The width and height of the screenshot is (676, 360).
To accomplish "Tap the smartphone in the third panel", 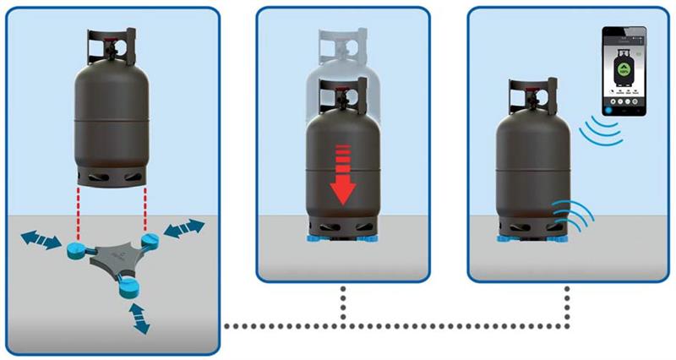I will [624, 71].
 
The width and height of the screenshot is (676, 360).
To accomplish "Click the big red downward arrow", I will [342, 177].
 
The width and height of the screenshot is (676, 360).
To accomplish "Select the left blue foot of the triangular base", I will [74, 248].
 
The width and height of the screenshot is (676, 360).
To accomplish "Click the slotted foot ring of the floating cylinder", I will [112, 176].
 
